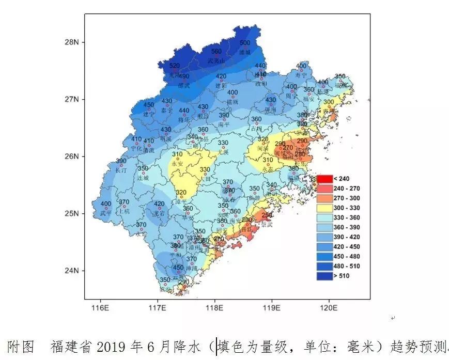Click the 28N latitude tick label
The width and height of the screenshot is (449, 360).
click(x=71, y=42)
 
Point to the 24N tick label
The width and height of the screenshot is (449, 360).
click(x=71, y=271)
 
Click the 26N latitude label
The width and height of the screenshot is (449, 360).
click(x=71, y=156)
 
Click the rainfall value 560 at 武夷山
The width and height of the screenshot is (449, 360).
click(x=216, y=51)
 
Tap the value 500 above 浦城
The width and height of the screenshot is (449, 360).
click(x=245, y=43)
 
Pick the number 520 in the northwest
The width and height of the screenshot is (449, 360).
click(x=175, y=66)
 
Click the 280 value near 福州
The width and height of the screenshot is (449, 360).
click(x=300, y=154)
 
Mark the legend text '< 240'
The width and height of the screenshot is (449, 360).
click(x=345, y=179)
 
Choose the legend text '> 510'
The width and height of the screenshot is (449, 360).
click(x=345, y=276)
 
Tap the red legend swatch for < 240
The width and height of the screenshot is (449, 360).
click(x=324, y=179)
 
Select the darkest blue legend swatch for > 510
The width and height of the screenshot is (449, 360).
click(x=324, y=276)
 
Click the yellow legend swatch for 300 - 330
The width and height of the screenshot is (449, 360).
click(x=324, y=208)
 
